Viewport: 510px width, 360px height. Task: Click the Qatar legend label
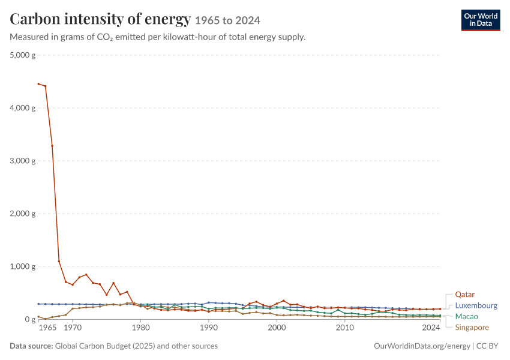[x=464, y=295]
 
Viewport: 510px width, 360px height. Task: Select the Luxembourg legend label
[x=476, y=305]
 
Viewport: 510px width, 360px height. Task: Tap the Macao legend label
[x=466, y=316]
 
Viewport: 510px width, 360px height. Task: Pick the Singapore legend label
[x=472, y=328]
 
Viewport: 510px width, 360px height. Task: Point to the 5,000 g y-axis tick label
[x=22, y=55]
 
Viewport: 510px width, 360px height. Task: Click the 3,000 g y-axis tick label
[x=22, y=161]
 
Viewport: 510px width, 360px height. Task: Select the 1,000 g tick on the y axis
[x=22, y=266]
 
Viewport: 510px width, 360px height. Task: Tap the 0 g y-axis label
[x=30, y=319]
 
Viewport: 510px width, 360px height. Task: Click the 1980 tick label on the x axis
[x=140, y=328]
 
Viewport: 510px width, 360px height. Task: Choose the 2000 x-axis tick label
[x=277, y=328]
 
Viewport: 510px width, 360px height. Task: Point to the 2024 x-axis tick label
[x=431, y=328]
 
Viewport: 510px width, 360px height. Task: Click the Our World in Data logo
[x=481, y=20]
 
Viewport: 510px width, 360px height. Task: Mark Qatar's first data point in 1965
[x=38, y=84]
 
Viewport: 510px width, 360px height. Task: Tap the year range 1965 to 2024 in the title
[x=227, y=20]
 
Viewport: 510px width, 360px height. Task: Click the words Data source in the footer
[x=31, y=346]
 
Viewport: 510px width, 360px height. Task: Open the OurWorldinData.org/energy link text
[x=422, y=346]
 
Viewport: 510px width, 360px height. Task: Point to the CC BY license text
[x=487, y=346]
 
